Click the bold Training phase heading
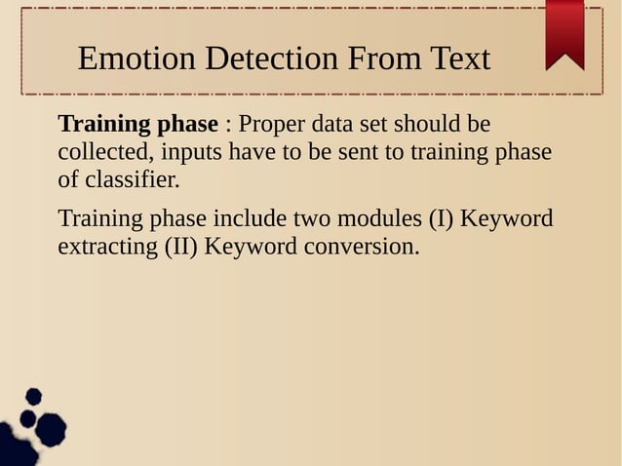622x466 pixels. pos(138,126)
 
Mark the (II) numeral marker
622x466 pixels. pos(180,246)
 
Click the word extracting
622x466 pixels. pos(105,246)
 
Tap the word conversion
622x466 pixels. pos(361,246)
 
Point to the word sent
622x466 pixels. pos(326,153)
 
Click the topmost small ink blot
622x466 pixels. pos(33,396)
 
